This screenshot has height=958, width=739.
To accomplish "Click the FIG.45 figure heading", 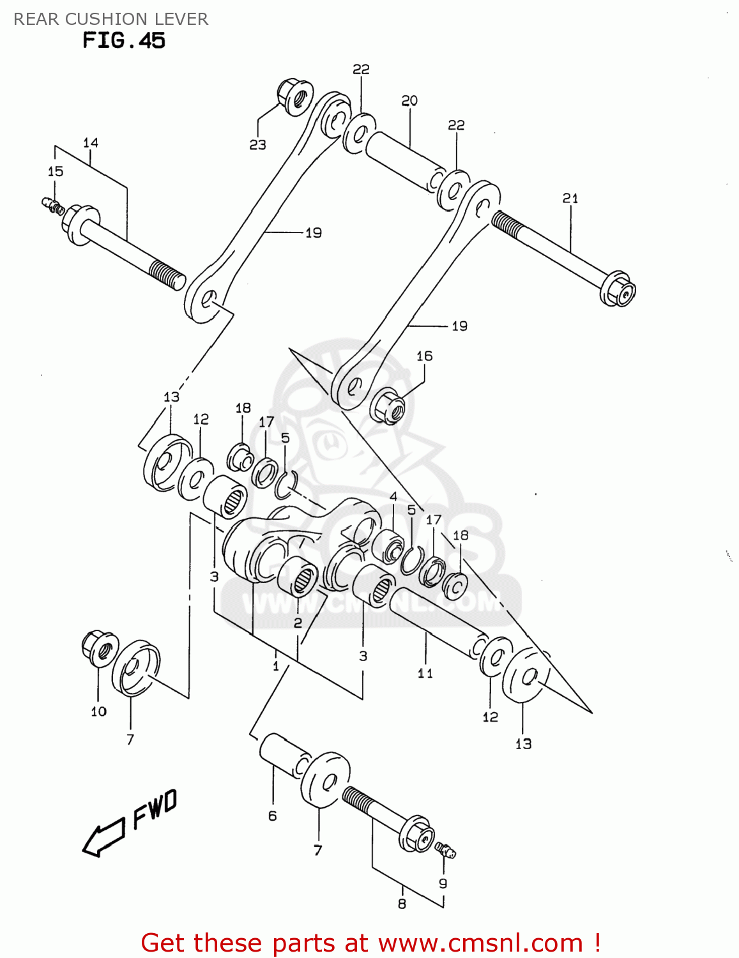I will coord(124,41).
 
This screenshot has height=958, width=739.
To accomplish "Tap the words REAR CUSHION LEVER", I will coord(110,19).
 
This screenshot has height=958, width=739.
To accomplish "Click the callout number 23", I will coord(257,145).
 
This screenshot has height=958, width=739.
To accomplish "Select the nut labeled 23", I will coord(294,96).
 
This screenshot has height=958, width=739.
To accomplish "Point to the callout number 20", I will coord(409,100).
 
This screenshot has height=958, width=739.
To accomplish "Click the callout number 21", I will coord(570,199).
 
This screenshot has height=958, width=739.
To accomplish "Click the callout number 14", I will coord(91,142).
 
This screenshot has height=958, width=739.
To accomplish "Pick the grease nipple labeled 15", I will coord(51,206).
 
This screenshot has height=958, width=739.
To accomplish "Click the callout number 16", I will coord(425,356).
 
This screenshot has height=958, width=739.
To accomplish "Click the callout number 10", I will coord(98,711).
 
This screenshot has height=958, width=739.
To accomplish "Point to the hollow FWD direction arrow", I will coord(103,837).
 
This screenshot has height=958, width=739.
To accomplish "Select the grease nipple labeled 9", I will coord(445,850).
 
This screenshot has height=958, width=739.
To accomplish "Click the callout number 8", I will coord(402,904).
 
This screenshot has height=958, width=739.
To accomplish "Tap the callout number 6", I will coord(273,816).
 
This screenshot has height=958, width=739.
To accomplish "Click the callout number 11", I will coord(425,673).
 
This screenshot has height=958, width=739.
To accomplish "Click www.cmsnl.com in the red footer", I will coord(480,943).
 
